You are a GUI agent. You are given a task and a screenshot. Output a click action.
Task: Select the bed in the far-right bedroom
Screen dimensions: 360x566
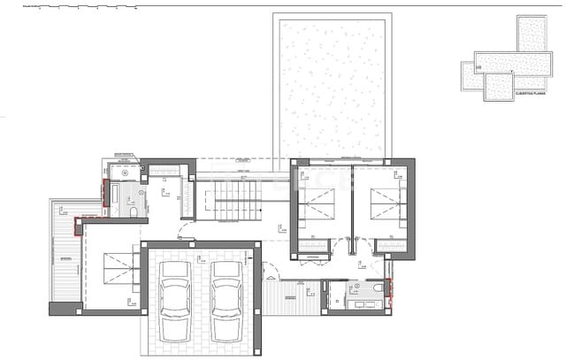coord(382,210)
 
